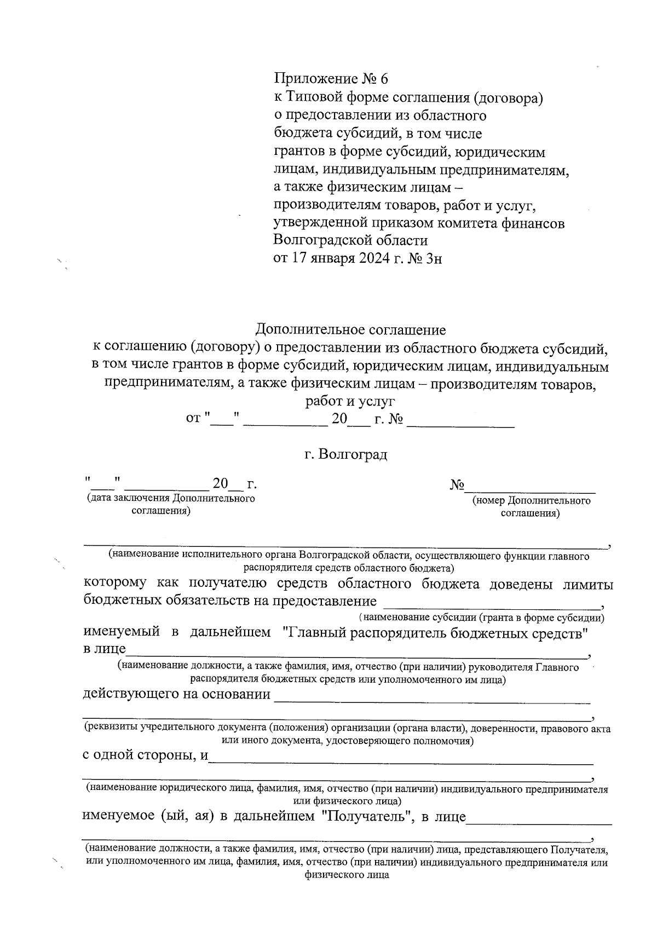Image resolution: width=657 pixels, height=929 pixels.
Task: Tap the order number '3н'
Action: [x=432, y=258]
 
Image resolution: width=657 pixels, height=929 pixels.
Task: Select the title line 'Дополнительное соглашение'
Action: [x=350, y=330]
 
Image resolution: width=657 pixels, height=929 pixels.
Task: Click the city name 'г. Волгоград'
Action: [x=346, y=455]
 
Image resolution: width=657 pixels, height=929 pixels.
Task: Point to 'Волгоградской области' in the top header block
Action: [x=350, y=240]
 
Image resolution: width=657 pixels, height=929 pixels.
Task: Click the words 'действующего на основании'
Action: [x=176, y=695]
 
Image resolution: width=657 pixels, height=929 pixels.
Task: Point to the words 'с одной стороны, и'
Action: [x=146, y=755]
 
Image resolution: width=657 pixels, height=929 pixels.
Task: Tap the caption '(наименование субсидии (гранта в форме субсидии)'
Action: [x=482, y=618]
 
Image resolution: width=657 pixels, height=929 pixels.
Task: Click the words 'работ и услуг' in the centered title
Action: [x=350, y=402]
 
